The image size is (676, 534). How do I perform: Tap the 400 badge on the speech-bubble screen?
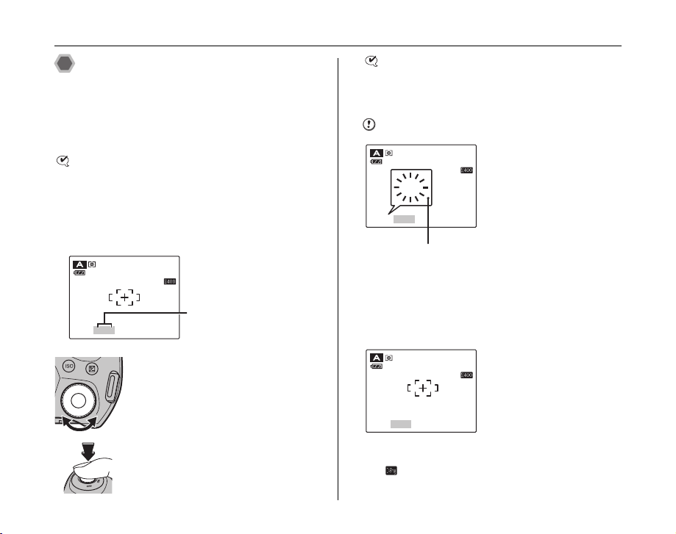coord(466,170)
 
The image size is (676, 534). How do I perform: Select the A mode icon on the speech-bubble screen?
coord(377,153)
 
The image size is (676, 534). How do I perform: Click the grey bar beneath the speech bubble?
coord(404,219)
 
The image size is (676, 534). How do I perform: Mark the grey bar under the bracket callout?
coord(104,331)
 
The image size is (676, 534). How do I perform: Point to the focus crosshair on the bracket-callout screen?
coord(124,298)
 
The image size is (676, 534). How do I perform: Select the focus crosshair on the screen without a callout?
coord(421,389)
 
